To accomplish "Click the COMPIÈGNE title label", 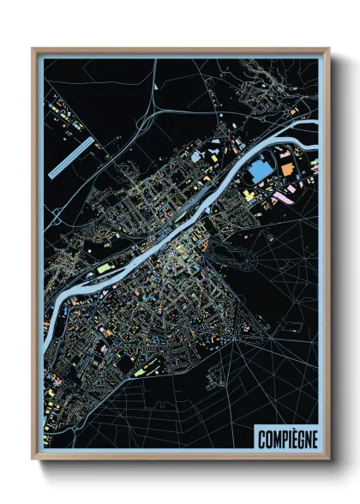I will coord(286,439).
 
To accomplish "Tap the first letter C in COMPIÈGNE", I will coord(261,439).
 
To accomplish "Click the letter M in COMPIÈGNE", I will coord(276,439).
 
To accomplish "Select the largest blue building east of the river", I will coord(258,171).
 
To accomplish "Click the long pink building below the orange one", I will coord(282,197).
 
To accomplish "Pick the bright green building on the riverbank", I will coord(104,268).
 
